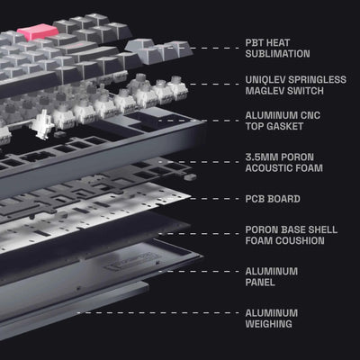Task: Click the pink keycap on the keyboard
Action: tap(38, 31)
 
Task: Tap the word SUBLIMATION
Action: tap(277, 54)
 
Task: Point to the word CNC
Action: tap(309, 115)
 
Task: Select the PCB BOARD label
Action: tap(273, 199)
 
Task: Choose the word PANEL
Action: tap(260, 283)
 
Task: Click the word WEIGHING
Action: tap(268, 324)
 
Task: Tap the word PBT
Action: tap(255, 42)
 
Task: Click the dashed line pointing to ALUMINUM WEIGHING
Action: tap(158, 313)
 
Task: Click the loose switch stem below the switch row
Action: tap(43, 124)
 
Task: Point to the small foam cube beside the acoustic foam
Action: tap(191, 177)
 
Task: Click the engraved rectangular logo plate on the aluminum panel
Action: tap(131, 261)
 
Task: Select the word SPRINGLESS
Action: tap(316, 79)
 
